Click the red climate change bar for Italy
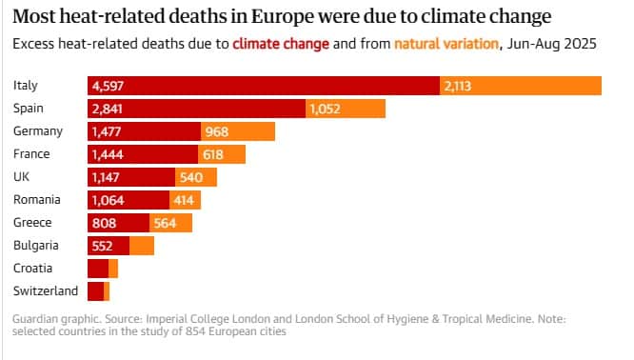264,86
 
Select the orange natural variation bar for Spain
346,109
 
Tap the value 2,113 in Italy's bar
458,86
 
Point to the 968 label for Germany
217,131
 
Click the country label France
31,154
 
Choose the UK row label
22,177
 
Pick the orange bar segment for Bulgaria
142,246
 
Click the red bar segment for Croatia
98,269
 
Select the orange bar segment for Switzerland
107,291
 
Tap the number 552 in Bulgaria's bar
102,246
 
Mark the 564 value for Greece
165,223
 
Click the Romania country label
37,200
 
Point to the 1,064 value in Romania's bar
108,200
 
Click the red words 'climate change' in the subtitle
281,44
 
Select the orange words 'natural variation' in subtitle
446,44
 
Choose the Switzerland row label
46,291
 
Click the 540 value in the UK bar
191,177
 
